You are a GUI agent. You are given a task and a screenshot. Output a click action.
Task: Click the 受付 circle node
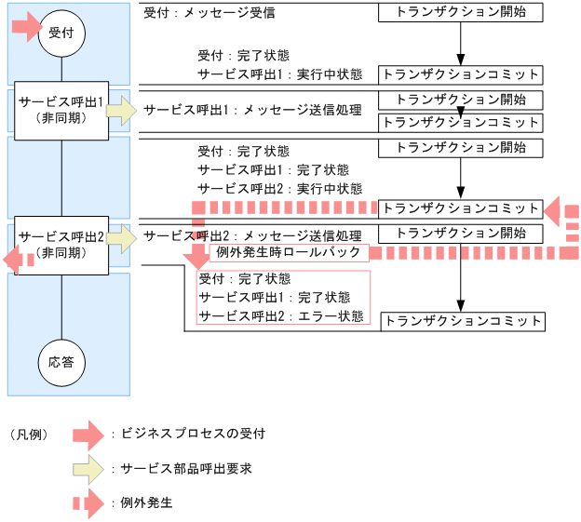click(61, 33)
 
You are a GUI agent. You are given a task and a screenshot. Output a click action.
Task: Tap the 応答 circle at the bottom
click(61, 362)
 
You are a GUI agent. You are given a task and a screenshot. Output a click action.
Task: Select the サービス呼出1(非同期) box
click(61, 111)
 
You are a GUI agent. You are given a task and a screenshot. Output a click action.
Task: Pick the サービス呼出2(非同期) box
click(61, 244)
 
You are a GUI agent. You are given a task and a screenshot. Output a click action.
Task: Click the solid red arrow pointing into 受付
click(26, 28)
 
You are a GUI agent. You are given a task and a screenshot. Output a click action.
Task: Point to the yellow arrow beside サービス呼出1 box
click(122, 111)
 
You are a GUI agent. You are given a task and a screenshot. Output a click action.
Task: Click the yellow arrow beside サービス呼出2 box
click(122, 239)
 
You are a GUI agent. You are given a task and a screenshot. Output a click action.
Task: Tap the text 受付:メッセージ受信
click(209, 14)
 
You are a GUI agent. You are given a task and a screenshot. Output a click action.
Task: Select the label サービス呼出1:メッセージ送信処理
click(252, 110)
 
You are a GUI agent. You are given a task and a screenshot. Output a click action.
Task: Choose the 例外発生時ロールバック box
click(289, 252)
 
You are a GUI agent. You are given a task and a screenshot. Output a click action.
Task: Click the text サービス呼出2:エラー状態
click(280, 315)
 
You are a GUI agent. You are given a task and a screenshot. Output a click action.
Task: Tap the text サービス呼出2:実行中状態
click(280, 189)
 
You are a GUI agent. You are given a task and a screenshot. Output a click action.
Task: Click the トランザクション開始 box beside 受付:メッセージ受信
click(460, 13)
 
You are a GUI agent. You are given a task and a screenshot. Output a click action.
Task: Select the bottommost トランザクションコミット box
click(463, 321)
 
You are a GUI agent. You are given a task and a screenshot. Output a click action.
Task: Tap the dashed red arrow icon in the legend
click(88, 503)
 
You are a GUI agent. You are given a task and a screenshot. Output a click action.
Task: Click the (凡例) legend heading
click(28, 435)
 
